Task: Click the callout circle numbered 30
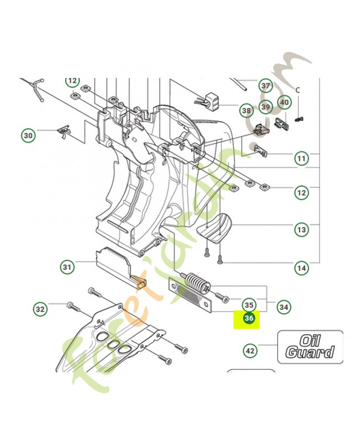coord(28,134)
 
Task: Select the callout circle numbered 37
coord(266,86)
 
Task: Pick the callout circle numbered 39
coord(266,107)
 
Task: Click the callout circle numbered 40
coord(284,102)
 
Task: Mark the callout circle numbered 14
coord(301,269)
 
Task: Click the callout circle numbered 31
coord(67,267)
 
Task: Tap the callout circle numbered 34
coord(284,306)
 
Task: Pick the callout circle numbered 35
coord(249,304)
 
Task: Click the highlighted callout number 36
coord(249,319)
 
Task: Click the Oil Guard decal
coord(310,346)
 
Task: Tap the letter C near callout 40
coord(298,90)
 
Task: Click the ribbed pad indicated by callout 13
coord(214,227)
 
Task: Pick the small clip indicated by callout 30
coord(65,131)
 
